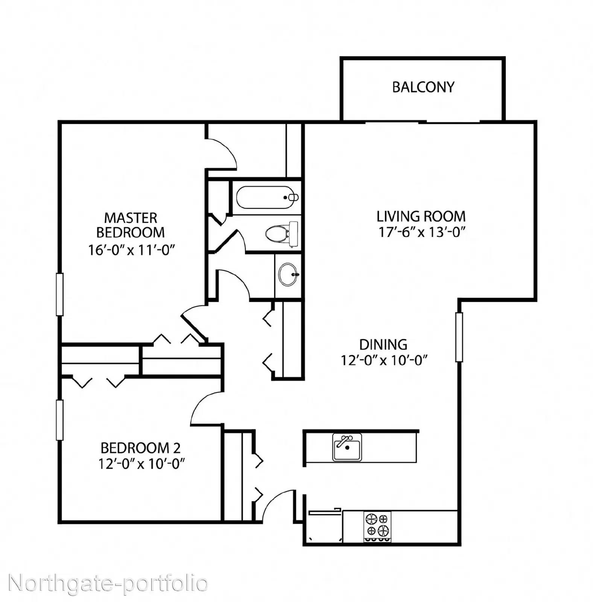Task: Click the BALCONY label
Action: [x=423, y=87]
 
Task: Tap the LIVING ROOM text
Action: [x=421, y=216]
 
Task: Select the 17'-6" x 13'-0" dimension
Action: [x=422, y=232]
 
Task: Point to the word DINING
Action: [x=383, y=345]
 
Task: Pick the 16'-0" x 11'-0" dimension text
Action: [x=132, y=250]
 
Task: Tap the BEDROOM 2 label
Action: [x=141, y=448]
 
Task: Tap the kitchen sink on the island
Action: [x=347, y=447]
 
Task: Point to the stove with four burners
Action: [x=377, y=526]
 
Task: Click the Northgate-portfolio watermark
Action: [x=108, y=584]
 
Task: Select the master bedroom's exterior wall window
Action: [x=59, y=294]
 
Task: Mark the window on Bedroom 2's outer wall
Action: [x=59, y=420]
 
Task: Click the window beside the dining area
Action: [x=459, y=337]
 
